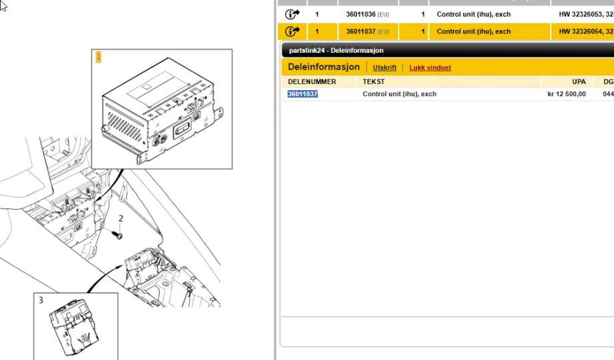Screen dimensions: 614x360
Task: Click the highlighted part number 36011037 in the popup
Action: tap(302, 94)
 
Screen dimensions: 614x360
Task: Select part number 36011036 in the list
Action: tap(360, 15)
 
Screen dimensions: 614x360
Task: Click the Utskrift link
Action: tap(384, 67)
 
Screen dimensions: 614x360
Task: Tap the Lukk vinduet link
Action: tap(430, 67)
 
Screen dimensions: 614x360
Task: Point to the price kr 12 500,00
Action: tap(567, 94)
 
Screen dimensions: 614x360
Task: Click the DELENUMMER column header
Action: tap(312, 82)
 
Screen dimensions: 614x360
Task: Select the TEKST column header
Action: tap(374, 82)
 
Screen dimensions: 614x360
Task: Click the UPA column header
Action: tap(579, 82)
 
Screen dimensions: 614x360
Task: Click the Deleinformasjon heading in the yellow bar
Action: tap(324, 67)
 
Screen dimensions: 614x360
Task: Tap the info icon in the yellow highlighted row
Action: tap(292, 31)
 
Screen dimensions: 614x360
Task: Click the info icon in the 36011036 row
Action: tap(292, 15)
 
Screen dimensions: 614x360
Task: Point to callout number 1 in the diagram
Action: tap(99, 57)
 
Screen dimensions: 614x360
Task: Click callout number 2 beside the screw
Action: tap(121, 218)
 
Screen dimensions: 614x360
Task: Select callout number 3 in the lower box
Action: tap(41, 301)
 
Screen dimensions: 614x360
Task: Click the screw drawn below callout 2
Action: tap(117, 234)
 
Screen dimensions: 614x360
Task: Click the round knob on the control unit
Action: tap(105, 129)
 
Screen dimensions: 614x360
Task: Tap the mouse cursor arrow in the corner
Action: tap(3, 5)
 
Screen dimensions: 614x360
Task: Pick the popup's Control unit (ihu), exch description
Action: tap(399, 94)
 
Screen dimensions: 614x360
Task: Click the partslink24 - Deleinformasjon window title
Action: tap(336, 51)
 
